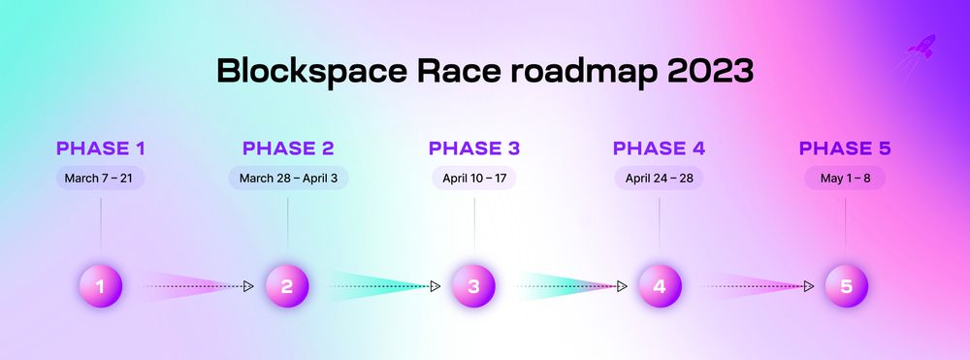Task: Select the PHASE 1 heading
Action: click(x=101, y=148)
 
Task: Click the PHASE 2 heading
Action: click(x=288, y=148)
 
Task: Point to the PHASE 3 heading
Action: click(x=474, y=148)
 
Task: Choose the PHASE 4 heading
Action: click(x=659, y=148)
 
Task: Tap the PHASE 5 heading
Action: click(x=845, y=148)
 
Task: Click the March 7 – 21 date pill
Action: click(x=101, y=179)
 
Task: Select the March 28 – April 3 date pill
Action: click(x=288, y=179)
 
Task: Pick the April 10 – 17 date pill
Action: click(x=474, y=179)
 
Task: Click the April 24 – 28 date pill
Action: click(x=659, y=179)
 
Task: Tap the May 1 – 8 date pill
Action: click(x=845, y=179)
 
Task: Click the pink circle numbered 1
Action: click(x=101, y=286)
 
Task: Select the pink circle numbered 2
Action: click(x=287, y=286)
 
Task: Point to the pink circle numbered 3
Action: click(x=473, y=286)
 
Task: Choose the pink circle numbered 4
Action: click(x=660, y=286)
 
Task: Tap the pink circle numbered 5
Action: click(x=846, y=286)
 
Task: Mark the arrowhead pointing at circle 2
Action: click(x=248, y=286)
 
